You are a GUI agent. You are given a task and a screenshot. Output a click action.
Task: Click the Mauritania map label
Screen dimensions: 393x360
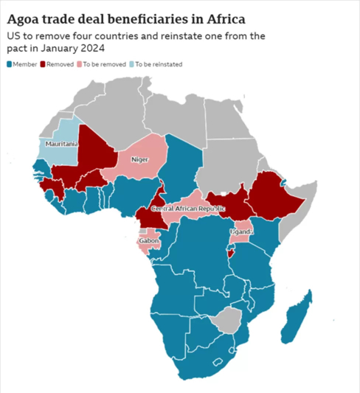(x=61, y=144)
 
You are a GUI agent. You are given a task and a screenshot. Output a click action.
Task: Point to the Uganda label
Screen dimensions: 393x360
(x=241, y=232)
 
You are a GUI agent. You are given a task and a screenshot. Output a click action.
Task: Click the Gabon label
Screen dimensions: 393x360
(x=148, y=241)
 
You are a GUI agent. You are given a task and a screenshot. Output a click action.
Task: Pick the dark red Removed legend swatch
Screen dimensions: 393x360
(x=42, y=64)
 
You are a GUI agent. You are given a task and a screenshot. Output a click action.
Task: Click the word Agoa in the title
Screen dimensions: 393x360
(x=27, y=17)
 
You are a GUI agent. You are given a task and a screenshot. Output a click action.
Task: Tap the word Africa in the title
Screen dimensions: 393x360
(x=225, y=17)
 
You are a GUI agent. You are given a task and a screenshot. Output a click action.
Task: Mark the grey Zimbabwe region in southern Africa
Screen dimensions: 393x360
(x=229, y=320)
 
